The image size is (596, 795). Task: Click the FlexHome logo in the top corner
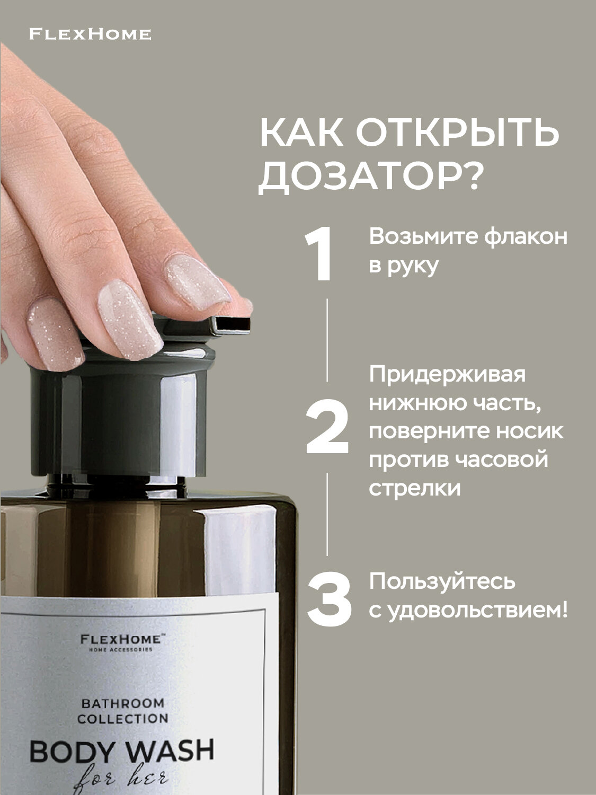(90, 34)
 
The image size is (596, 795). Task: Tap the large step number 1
(319, 254)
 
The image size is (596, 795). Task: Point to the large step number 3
(329, 598)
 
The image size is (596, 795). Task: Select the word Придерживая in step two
(448, 374)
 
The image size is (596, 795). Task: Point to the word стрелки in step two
(415, 488)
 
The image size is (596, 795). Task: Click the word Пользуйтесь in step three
(442, 581)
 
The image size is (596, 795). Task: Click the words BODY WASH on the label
(122, 751)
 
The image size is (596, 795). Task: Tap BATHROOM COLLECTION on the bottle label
(123, 711)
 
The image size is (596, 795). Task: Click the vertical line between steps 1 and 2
(327, 339)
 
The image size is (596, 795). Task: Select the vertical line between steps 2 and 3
(327, 514)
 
